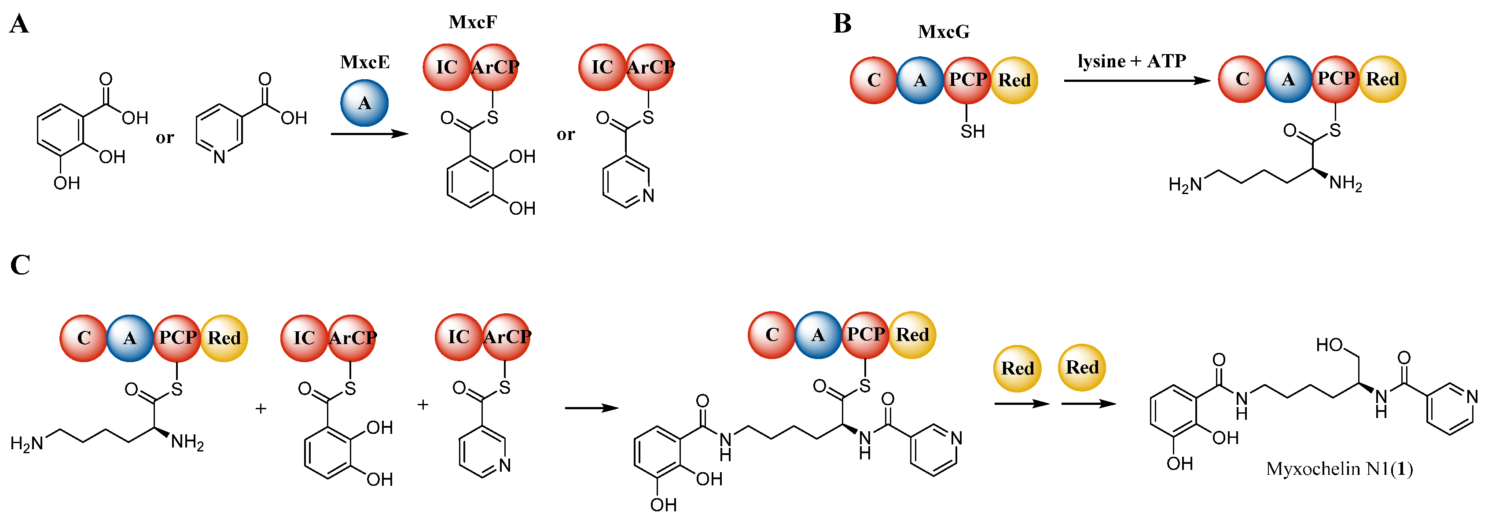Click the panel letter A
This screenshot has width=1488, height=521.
tap(19, 25)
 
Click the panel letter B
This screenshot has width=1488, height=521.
tap(841, 24)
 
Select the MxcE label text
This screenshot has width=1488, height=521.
tap(364, 62)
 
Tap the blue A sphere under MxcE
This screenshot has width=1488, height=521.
tap(364, 103)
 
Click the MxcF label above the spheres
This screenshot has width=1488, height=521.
tap(473, 22)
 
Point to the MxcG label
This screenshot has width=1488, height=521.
tap(943, 32)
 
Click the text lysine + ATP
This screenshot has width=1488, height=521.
tap(1131, 61)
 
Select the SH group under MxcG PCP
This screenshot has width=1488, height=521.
tap(972, 132)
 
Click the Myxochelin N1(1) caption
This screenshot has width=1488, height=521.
tap(1339, 469)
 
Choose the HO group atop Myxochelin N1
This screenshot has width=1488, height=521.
tap(1329, 345)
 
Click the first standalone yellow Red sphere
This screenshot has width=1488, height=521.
tap(1017, 368)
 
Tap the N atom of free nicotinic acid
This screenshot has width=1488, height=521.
tap(219, 157)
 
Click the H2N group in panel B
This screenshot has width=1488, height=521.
tap(1184, 185)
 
